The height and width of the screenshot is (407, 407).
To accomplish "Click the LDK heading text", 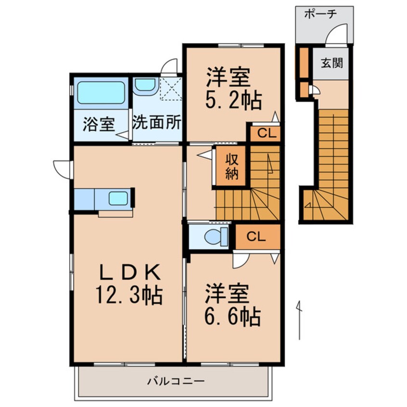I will pos(129,272).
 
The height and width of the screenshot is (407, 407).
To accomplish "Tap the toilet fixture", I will pos(212,237).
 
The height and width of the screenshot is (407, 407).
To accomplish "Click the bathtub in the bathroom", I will pos(100,93).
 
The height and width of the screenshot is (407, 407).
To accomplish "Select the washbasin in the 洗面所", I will pos(144,86).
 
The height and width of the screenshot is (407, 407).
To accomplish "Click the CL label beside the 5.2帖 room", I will pos(264,134).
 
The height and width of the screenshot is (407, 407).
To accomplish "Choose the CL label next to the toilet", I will pos(256,237).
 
